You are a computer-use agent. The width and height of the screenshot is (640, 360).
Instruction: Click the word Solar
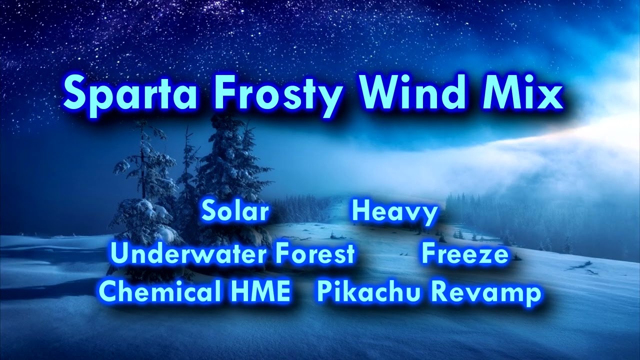235,211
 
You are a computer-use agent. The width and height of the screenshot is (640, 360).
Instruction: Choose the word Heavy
395,212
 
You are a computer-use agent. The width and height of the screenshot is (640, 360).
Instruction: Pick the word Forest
315,253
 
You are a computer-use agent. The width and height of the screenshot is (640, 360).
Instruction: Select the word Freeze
465,253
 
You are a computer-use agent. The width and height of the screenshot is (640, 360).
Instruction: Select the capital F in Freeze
429,253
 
